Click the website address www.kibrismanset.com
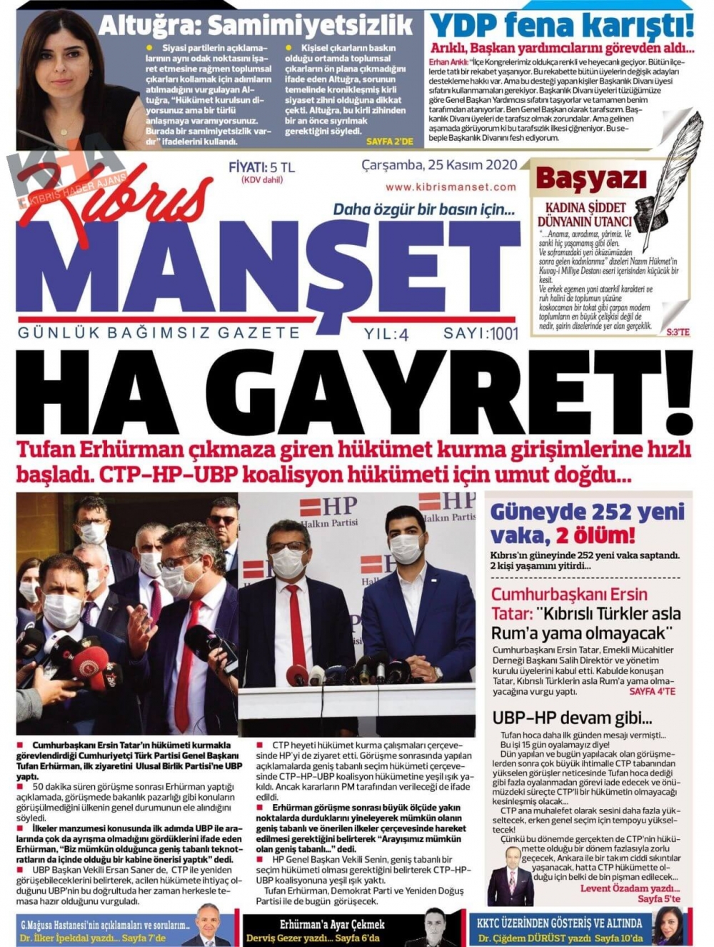coord(451,187)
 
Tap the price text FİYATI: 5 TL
coord(261,167)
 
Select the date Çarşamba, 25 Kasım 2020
coord(439,165)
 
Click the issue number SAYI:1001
coord(481,333)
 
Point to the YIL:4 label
coord(386,334)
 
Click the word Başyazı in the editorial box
coord(590,179)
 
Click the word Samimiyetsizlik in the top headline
coord(311,26)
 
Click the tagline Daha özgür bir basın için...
coord(423,210)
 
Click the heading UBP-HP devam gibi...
coord(572,718)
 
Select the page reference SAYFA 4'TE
coord(652,692)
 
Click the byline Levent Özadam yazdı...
coord(630,888)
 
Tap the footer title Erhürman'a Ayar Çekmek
coord(332,924)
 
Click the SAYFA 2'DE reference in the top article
coord(389,142)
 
